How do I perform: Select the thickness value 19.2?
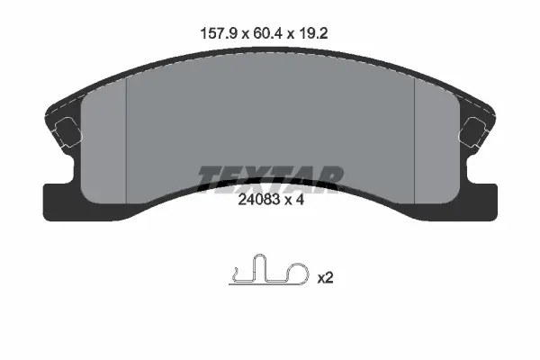coord(313,34)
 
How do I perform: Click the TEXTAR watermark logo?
coord(270,180)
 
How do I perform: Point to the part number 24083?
coord(260,200)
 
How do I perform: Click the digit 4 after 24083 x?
coord(300,200)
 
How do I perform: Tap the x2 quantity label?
coord(325,278)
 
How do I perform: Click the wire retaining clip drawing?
coord(268,270)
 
